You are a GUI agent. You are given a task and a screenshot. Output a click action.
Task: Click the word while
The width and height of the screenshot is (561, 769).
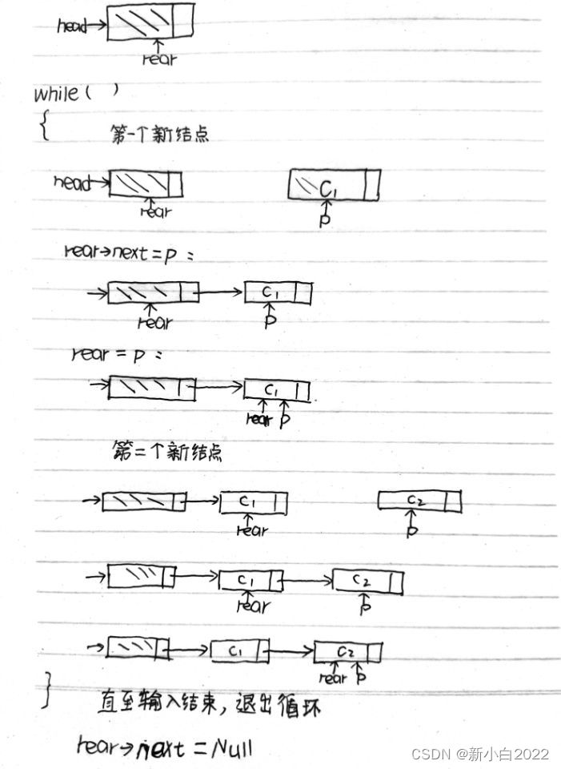(x=56, y=95)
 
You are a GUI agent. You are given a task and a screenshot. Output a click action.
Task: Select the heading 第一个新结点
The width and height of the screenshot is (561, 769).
(x=159, y=135)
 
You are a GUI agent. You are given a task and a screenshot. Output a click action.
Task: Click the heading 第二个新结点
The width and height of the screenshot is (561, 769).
(x=167, y=451)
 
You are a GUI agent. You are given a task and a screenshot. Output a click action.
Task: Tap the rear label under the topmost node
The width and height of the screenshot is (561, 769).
(x=159, y=58)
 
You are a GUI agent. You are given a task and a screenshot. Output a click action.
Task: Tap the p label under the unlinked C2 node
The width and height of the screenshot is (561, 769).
(x=411, y=530)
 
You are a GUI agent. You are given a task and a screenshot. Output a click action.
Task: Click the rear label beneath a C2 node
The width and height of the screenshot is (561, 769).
(x=332, y=678)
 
